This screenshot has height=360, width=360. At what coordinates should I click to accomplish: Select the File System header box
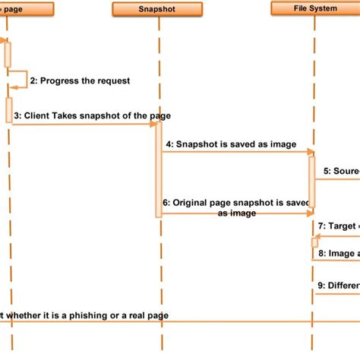pyautogui.click(x=314, y=8)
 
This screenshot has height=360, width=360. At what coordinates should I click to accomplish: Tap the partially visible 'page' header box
pyautogui.click(x=27, y=9)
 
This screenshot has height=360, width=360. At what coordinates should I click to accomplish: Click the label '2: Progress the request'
pyautogui.click(x=79, y=81)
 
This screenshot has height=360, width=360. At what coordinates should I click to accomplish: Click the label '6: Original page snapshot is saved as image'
pyautogui.click(x=237, y=208)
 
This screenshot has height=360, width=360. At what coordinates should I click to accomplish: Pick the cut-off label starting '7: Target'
pyautogui.click(x=339, y=226)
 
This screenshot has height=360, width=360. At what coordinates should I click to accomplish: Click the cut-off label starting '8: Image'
pyautogui.click(x=339, y=253)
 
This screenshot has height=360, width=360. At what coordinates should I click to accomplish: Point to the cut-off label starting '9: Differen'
pyautogui.click(x=339, y=285)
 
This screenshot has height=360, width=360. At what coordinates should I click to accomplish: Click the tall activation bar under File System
pyautogui.click(x=312, y=182)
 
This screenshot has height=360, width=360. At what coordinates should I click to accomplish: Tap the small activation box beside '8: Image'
pyautogui.click(x=314, y=242)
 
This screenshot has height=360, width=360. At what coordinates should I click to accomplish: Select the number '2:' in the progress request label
pyautogui.click(x=33, y=81)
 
